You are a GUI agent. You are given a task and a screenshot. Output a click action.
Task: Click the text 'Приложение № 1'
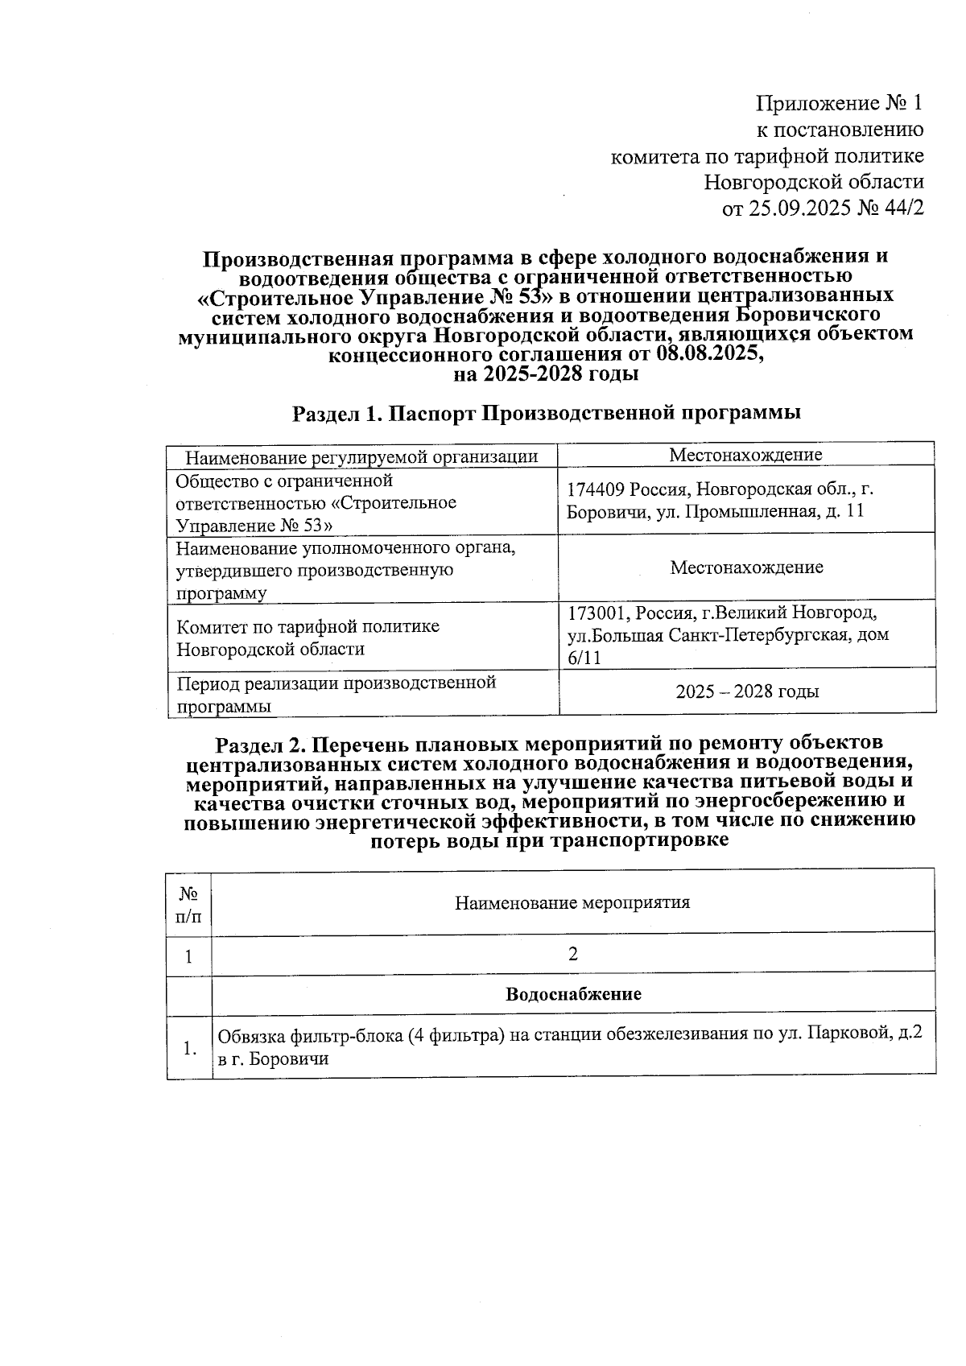click(x=838, y=104)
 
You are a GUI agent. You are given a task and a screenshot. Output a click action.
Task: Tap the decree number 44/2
click(x=902, y=208)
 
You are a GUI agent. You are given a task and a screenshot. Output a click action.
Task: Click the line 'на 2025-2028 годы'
click(x=545, y=374)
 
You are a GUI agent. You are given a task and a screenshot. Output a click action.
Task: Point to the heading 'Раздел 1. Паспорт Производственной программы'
click(x=546, y=414)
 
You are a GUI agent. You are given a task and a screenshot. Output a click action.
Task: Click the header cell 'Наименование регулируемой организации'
click(x=361, y=457)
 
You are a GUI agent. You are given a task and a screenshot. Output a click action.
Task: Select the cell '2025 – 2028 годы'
click(x=747, y=691)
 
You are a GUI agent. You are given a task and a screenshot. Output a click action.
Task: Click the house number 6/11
click(x=584, y=658)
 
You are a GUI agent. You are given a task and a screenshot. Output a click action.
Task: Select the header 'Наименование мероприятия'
click(x=572, y=902)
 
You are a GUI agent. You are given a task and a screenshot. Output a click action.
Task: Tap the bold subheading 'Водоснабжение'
click(x=573, y=994)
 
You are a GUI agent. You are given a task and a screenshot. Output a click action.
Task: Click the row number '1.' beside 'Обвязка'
click(x=189, y=1048)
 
